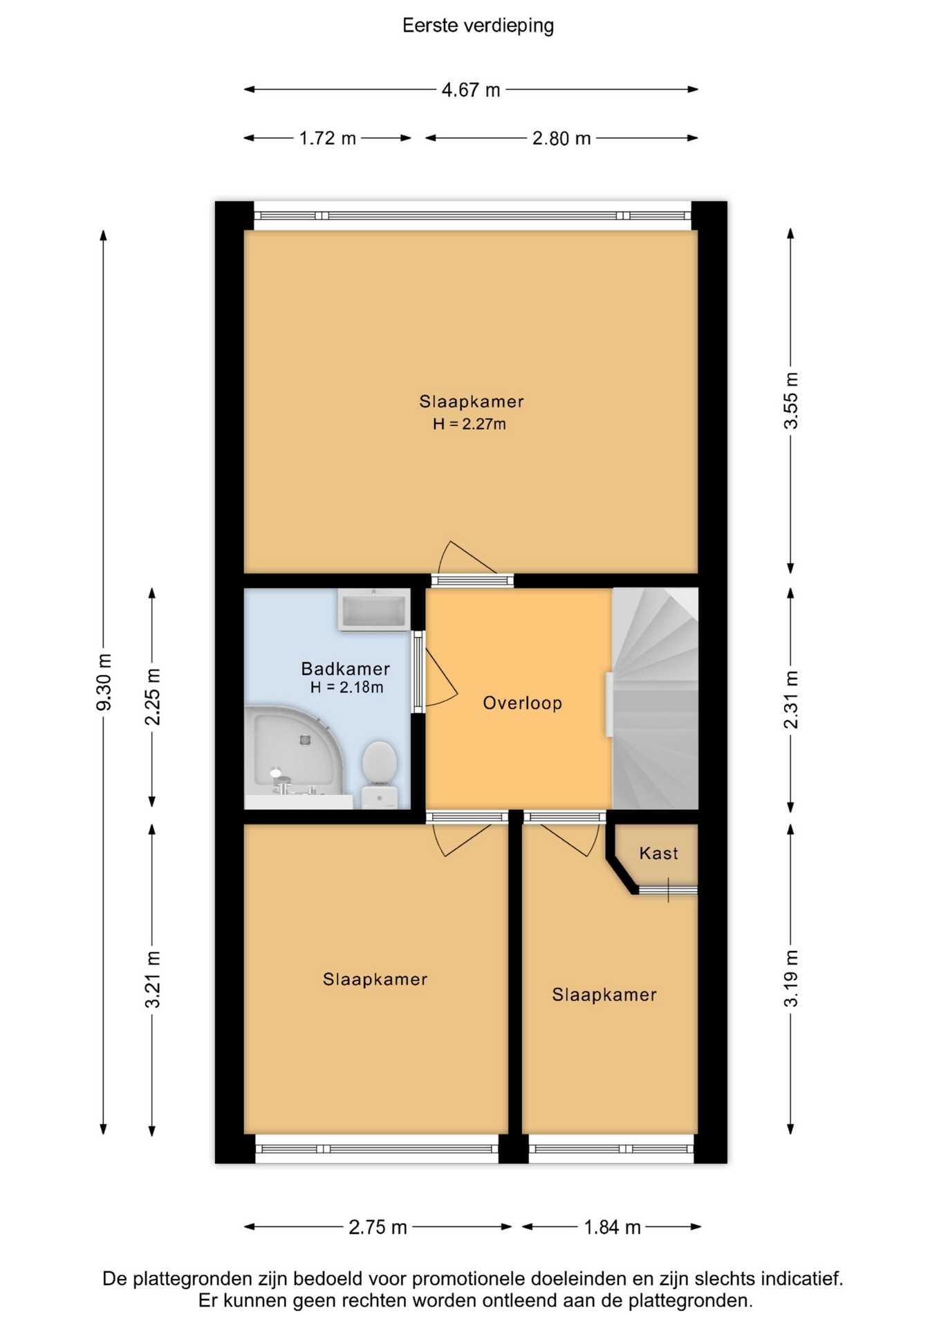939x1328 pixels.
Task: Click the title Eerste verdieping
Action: pos(478,26)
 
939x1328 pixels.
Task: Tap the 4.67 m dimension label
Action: pos(471,90)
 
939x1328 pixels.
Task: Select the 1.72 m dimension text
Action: pos(327,138)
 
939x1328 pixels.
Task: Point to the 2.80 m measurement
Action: pos(561,138)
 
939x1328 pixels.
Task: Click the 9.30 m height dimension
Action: pos(104,682)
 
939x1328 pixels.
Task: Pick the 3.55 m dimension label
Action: pos(791,400)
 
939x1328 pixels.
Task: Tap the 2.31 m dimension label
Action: pos(791,699)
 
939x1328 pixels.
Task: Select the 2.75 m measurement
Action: pos(378,1227)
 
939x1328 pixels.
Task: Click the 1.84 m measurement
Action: pos(613,1227)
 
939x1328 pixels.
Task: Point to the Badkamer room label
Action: pos(345,669)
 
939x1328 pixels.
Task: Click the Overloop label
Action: pos(522,703)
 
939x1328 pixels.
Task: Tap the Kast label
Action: pos(658,854)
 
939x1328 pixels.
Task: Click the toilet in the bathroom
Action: pos(379,774)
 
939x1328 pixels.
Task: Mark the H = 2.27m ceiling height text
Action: pos(469,424)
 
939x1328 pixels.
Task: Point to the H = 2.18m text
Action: pos(346,688)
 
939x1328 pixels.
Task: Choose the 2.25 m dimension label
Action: pos(153,697)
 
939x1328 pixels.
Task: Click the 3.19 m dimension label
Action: pos(791,978)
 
